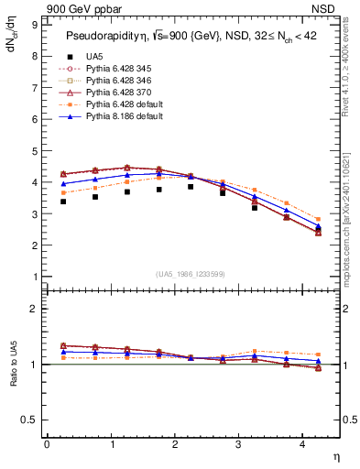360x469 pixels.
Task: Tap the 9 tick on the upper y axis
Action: point(35,25)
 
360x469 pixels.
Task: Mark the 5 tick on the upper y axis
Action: point(35,151)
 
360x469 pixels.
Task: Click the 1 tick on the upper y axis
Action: point(35,277)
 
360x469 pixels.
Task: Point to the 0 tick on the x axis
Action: point(47,443)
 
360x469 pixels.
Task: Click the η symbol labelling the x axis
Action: point(334,455)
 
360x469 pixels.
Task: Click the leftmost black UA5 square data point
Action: point(63,201)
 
